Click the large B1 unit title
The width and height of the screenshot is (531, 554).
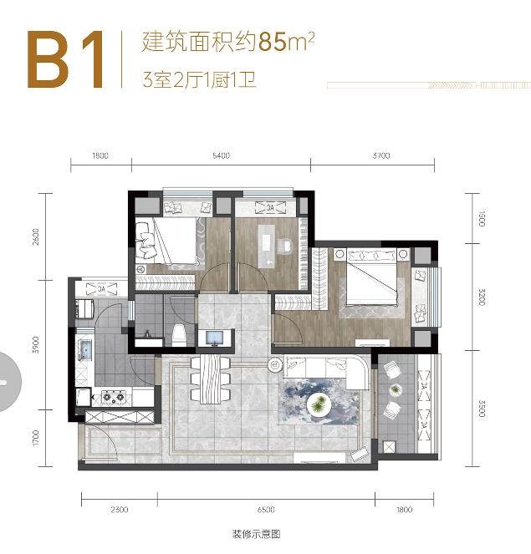coord(66,59)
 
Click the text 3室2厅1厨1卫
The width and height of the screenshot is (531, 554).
coord(199,80)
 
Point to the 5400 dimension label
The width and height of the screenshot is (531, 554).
coord(222,155)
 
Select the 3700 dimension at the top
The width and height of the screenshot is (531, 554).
coord(381,155)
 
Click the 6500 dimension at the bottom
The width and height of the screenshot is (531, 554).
coord(266,510)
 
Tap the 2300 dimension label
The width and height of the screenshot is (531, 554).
coord(119,510)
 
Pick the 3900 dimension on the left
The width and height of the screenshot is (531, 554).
coord(35,345)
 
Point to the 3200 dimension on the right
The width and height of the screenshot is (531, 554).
coord(482,297)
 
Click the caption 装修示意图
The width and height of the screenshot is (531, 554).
coord(257,534)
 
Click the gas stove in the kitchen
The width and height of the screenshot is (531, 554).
coord(114,397)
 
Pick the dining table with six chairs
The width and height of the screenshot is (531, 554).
coord(211,379)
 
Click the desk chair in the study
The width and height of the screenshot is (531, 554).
coord(284,246)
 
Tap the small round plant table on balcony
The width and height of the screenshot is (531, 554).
coord(396,389)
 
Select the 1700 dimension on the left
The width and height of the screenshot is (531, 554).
coord(35,438)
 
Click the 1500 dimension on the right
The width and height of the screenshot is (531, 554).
coord(482,218)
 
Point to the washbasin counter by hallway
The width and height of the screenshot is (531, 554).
coord(216,338)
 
